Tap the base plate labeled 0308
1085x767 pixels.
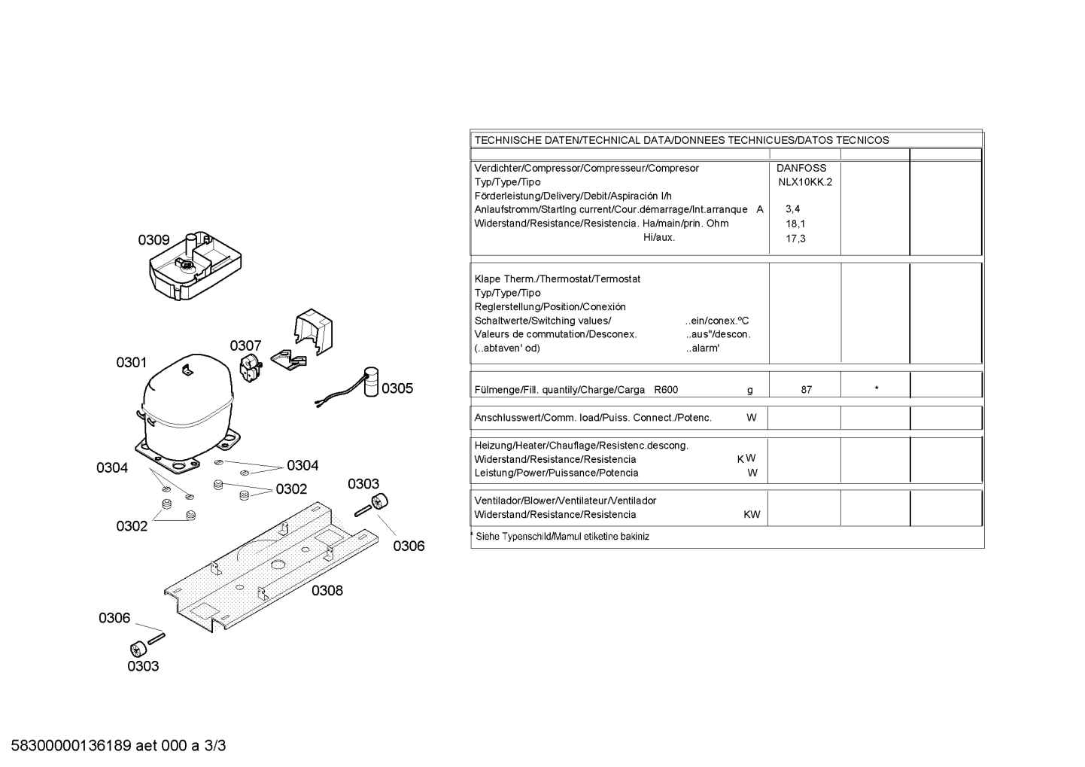pos(271,567)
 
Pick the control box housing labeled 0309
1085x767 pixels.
pos(195,266)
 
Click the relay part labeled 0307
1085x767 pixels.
pos(251,368)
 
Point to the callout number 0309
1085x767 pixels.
pos(153,240)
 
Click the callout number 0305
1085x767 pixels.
pos(397,388)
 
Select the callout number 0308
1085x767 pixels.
pos(327,590)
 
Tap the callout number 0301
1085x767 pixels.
pos(131,362)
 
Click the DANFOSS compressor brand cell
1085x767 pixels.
pos(801,168)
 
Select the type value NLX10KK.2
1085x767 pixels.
pos(805,182)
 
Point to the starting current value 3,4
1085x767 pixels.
pos(793,209)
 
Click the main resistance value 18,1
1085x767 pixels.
pos(795,224)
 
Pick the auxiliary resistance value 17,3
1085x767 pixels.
pos(795,239)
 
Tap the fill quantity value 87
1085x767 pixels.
pos(807,390)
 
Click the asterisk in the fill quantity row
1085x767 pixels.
pos(877,388)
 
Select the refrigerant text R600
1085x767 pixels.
pos(666,390)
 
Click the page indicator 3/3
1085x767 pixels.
pos(215,745)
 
